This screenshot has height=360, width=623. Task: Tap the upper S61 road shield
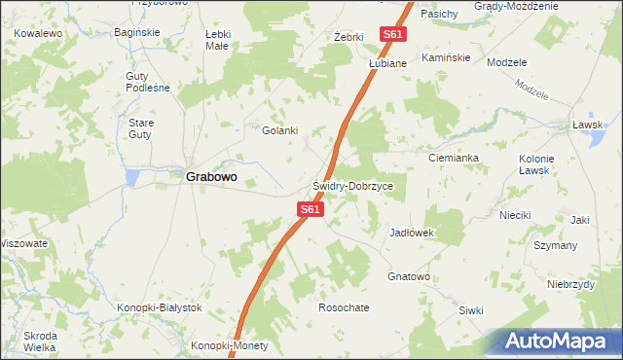pyautogui.click(x=392, y=34)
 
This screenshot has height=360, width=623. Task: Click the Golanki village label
pyautogui.click(x=279, y=130)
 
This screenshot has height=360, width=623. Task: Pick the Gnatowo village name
pyautogui.click(x=409, y=277)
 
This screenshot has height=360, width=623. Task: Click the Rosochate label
pyautogui.click(x=344, y=307)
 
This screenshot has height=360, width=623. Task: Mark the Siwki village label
pyautogui.click(x=471, y=310)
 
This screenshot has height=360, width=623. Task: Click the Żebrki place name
pyautogui.click(x=348, y=37)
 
